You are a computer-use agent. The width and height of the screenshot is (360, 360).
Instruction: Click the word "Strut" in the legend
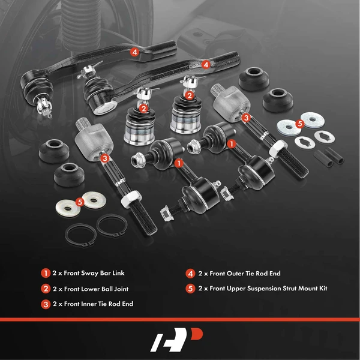point(289,288)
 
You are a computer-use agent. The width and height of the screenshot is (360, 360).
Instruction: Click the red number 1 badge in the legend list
point(45,272)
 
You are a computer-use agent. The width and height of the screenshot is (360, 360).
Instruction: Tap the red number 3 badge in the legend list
point(45,304)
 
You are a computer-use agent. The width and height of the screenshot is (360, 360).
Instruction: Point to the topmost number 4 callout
point(134,52)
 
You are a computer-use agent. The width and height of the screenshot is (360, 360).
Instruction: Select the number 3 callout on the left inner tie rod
point(105,158)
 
